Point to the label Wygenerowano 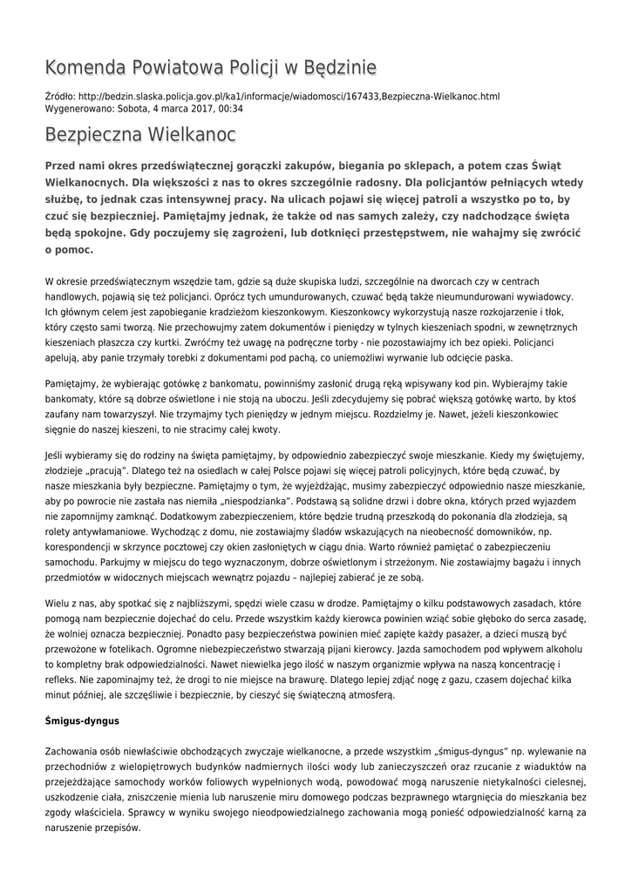[x=79, y=109]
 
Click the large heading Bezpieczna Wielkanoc [x=139, y=136]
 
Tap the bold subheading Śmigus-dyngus [x=82, y=722]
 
